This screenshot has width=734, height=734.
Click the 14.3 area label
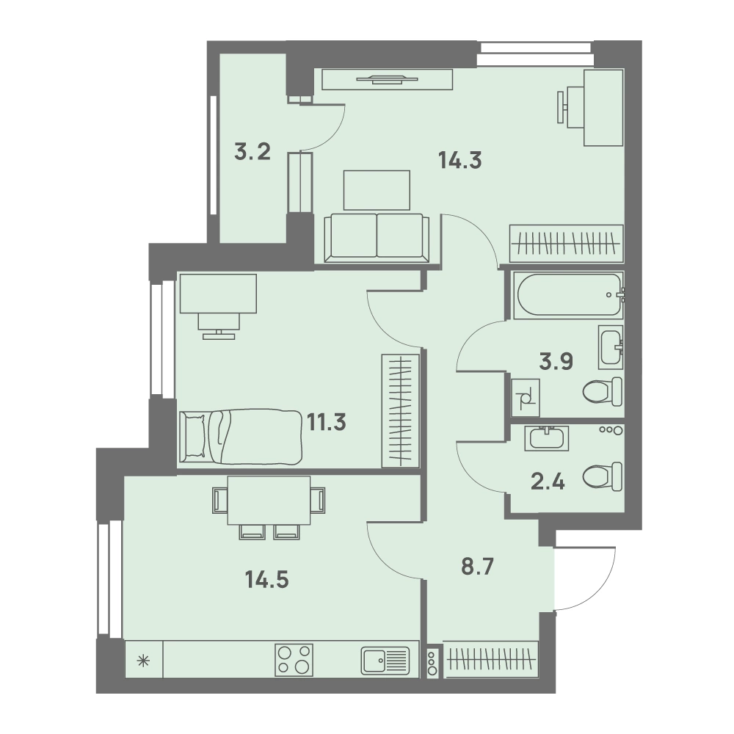pos(460,161)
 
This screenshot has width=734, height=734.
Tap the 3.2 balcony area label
pos(252,152)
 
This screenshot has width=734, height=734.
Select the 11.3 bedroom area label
pos(327,422)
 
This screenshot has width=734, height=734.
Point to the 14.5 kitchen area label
pos(267,580)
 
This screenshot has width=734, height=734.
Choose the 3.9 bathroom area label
pos(556,361)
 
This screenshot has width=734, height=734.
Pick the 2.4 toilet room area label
pos(548,482)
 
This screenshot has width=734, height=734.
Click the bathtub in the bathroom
pos(569,295)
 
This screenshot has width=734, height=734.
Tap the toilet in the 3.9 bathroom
pos(603,391)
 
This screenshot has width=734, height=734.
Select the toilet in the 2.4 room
pos(603,476)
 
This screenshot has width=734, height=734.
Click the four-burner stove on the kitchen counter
pos(294,660)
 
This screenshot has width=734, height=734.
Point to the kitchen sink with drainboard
pos(385,661)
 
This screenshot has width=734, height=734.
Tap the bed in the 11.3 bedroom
pos(241,437)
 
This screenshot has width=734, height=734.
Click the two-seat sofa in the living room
pos(377,237)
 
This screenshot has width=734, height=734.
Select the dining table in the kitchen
pos(269,501)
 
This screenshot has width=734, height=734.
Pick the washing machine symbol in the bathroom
pos(526,397)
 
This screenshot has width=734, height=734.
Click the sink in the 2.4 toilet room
pos(547,438)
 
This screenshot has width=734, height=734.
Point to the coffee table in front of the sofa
pos(377,190)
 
